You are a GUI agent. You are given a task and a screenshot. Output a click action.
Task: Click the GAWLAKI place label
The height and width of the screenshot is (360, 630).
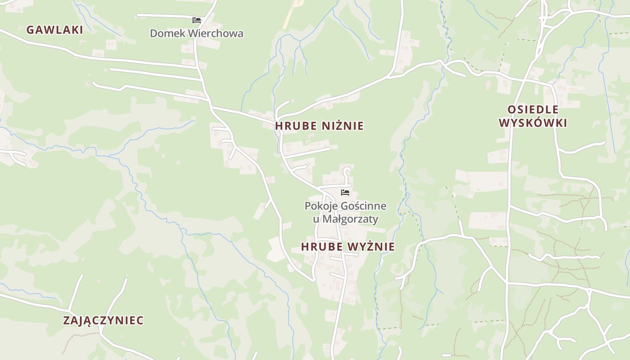pyautogui.click(x=54, y=30)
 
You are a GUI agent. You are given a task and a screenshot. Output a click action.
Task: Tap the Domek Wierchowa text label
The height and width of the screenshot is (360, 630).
pyautogui.click(x=196, y=33)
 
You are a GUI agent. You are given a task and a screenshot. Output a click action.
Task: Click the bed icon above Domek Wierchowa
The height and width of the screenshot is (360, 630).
pyautogui.click(x=196, y=20)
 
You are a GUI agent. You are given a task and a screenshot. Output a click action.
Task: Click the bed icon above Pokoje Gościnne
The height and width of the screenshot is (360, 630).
pyautogui.click(x=345, y=193)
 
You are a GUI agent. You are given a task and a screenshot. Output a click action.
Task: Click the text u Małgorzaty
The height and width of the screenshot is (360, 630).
pyautogui.click(x=345, y=219)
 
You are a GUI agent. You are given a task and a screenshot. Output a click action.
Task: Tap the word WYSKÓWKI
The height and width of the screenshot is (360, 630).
pyautogui.click(x=533, y=123)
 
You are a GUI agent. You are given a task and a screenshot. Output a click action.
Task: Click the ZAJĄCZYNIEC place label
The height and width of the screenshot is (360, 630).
pyautogui.click(x=103, y=320)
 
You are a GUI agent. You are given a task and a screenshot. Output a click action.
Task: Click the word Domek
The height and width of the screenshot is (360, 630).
pyautogui.click(x=163, y=33)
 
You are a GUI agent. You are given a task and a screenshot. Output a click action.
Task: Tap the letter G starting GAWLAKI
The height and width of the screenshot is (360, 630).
pyautogui.click(x=30, y=30)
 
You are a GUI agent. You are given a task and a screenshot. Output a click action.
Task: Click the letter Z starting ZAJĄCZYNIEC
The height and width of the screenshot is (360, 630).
pyautogui.click(x=66, y=320)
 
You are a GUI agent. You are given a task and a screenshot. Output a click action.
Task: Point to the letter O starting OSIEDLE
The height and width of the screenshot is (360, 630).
pyautogui.click(x=511, y=110)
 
